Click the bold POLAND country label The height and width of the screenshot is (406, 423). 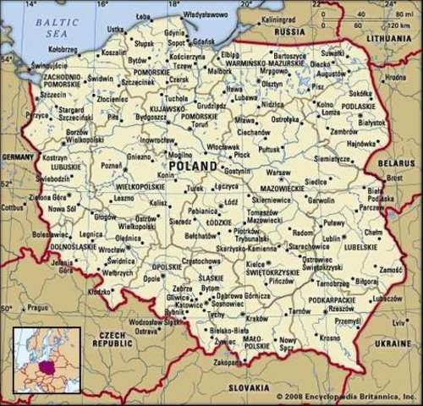tap(192, 167)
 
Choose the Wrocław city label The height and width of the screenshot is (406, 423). tap(111, 250)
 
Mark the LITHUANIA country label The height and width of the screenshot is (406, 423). tap(389, 39)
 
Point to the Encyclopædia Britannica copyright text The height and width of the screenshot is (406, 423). tap(346, 396)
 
